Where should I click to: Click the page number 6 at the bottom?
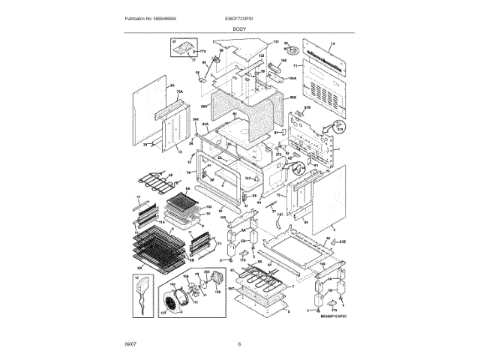point(239,344)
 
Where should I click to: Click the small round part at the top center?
point(294,51)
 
